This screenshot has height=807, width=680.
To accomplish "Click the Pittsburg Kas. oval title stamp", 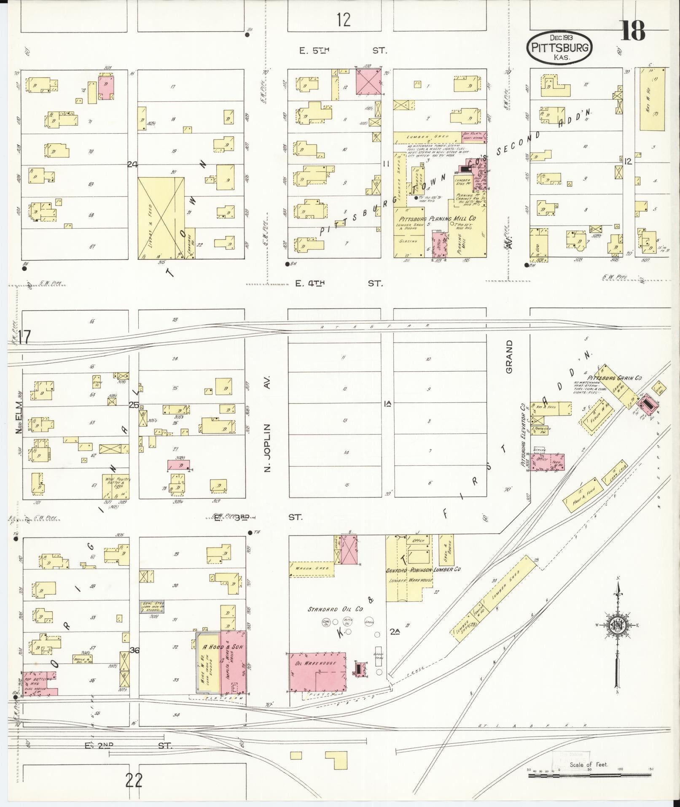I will click(560, 47).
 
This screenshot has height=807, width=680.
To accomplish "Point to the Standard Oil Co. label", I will click(336, 609).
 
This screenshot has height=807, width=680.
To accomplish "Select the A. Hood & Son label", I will click(223, 647).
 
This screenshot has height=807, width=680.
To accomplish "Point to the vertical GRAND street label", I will click(509, 357).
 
